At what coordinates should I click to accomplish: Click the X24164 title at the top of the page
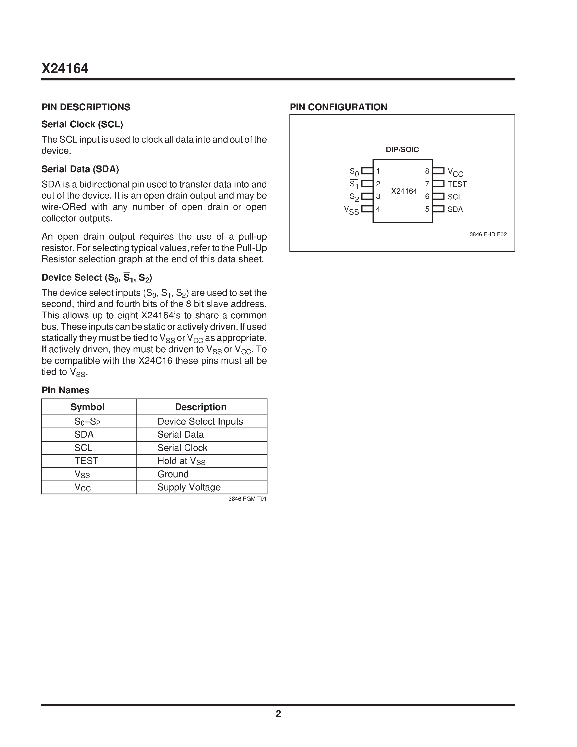65,69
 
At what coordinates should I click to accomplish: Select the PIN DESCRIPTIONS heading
86,107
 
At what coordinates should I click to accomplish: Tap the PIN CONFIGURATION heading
338,107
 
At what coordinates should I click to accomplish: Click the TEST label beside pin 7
457,184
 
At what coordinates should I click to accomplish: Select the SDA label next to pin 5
455,209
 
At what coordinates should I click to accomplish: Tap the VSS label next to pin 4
351,210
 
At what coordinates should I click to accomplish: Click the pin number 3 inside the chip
378,196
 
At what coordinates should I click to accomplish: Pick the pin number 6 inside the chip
427,196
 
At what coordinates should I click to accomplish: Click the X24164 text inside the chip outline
404,191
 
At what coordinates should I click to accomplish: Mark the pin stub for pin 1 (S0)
367,171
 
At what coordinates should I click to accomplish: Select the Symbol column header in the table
87,407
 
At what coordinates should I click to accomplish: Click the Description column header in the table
201,407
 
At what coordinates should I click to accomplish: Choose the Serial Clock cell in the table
182,448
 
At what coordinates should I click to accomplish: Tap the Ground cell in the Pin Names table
173,474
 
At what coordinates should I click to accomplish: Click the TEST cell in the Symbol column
86,461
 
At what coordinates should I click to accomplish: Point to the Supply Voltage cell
189,487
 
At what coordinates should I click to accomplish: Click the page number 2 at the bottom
278,714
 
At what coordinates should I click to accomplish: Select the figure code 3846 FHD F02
488,235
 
